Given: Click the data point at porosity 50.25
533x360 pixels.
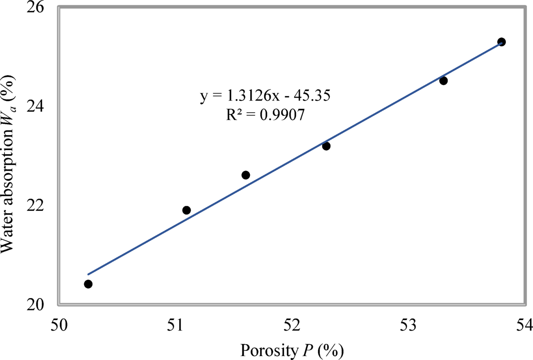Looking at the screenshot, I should (x=88, y=284).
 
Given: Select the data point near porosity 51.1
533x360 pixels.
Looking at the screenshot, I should (x=186, y=210).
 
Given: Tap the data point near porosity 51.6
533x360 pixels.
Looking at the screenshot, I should (x=245, y=175).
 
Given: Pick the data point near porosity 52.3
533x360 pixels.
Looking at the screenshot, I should (x=326, y=146).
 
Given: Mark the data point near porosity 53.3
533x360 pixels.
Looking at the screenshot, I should (x=443, y=81).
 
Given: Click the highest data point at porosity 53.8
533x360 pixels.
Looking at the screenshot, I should (x=501, y=42).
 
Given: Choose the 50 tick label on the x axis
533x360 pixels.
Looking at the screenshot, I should (x=59, y=325).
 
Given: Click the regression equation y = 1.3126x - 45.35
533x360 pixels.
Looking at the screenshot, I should (x=265, y=96).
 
